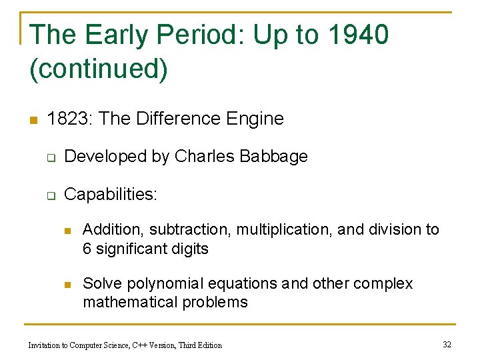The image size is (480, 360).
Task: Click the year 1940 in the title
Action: click(358, 35)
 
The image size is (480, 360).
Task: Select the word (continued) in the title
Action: click(99, 69)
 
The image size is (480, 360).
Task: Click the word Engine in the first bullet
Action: click(255, 119)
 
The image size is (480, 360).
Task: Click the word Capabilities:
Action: click(111, 194)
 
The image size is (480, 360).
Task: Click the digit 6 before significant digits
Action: click(87, 249)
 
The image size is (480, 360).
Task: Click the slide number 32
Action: click(447, 344)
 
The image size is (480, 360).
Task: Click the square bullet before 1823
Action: click(33, 120)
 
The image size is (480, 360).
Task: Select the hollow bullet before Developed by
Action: click(50, 158)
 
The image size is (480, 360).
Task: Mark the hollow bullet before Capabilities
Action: click(50, 195)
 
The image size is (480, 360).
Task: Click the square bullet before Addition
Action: click(67, 231)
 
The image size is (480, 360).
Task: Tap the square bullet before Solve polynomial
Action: click(67, 285)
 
